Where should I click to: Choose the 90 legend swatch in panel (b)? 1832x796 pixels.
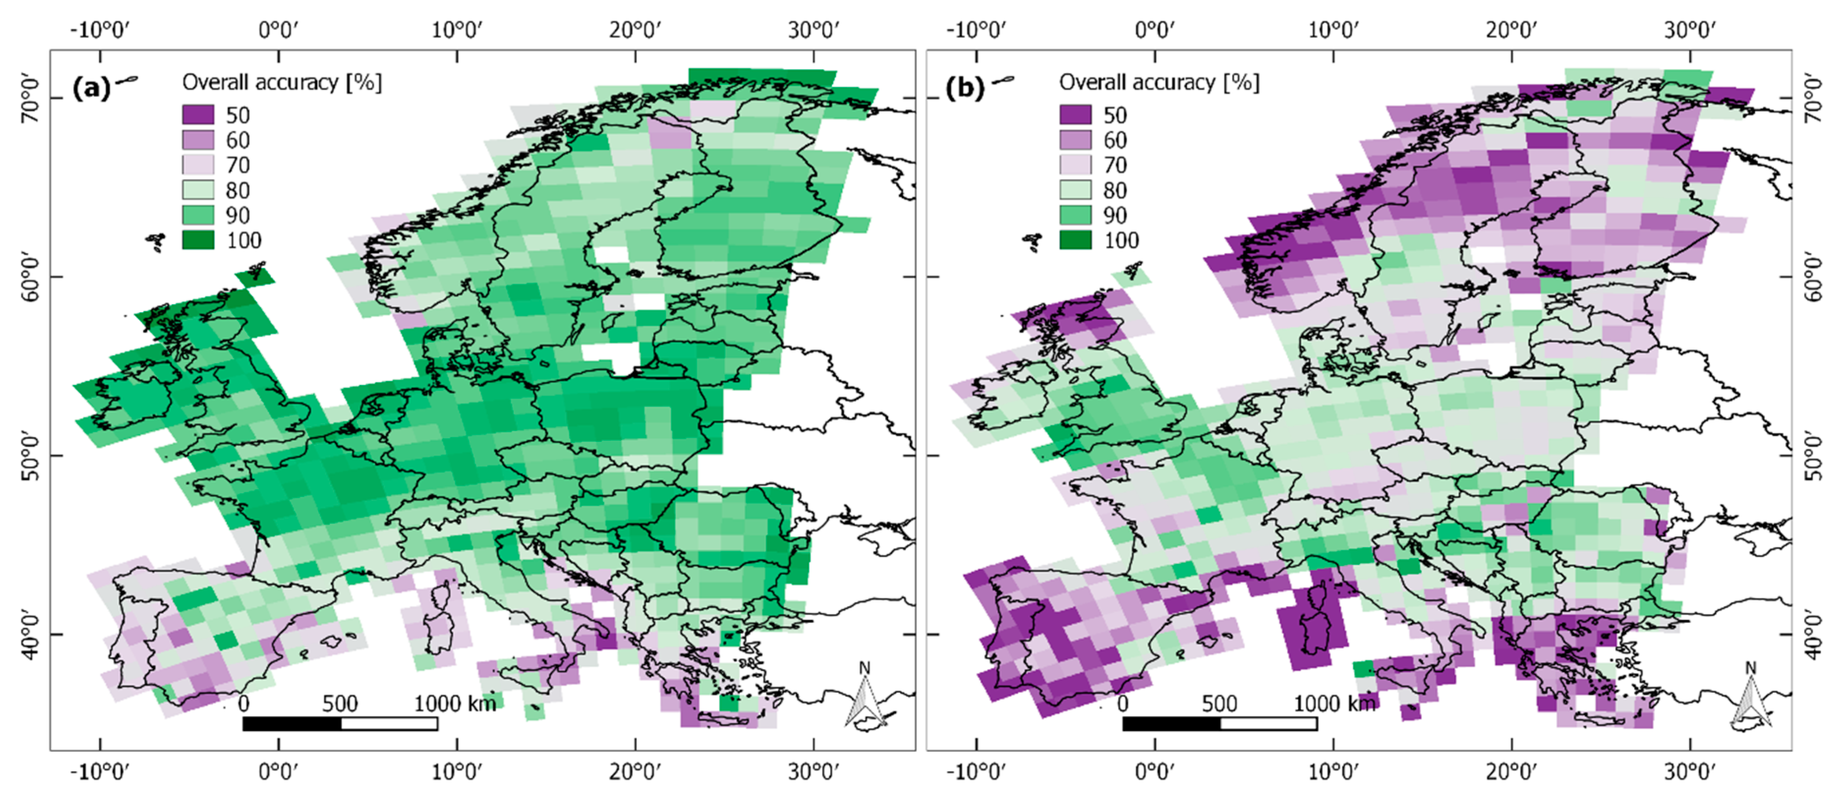[1075, 215]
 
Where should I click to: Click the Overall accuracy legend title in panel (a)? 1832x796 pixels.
[282, 83]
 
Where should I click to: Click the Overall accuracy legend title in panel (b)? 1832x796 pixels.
[1158, 83]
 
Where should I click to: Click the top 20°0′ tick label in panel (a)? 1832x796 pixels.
[635, 30]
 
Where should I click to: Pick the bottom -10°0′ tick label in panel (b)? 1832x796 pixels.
[976, 772]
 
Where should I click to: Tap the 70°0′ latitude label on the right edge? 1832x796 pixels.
[1814, 100]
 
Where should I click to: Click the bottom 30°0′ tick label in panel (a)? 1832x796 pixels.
[814, 772]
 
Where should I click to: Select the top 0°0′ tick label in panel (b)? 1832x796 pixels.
[1154, 30]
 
